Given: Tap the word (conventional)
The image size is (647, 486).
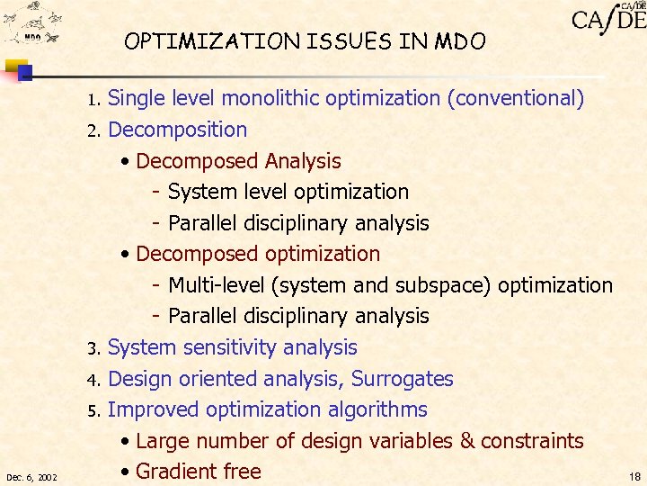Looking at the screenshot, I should (516, 98).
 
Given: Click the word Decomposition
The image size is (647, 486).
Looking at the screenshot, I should (177, 130).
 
